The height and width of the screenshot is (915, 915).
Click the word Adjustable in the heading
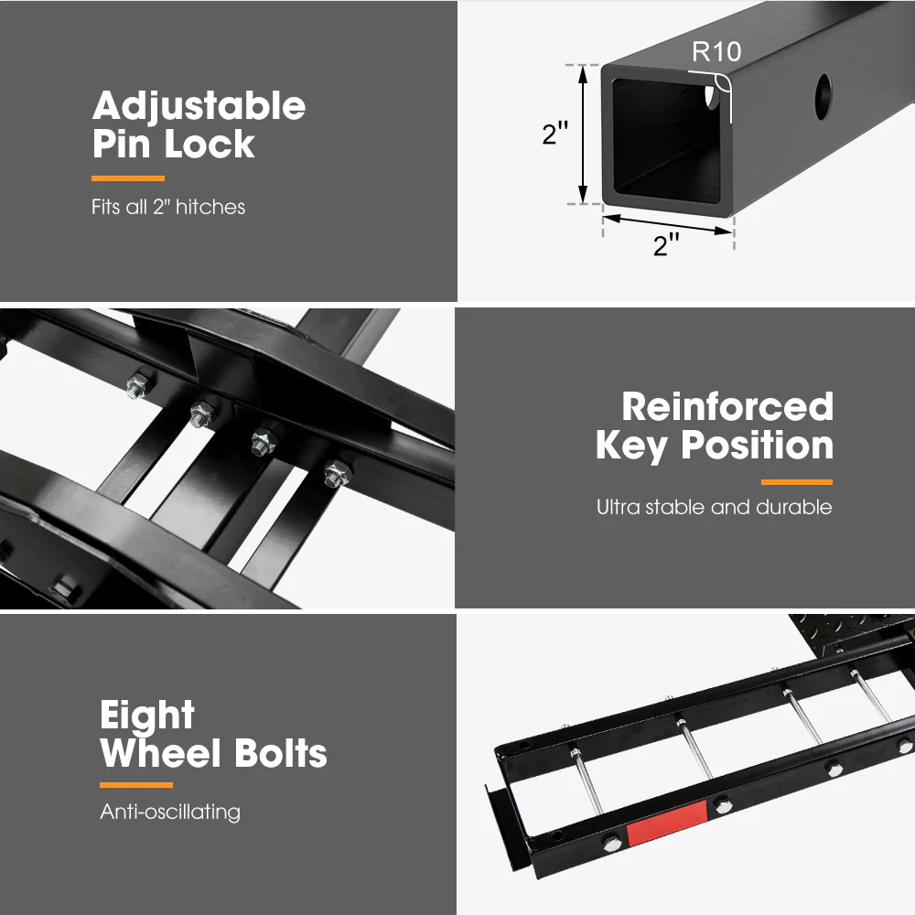199,107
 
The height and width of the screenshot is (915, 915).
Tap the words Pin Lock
173,145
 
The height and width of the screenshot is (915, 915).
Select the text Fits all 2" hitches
168,207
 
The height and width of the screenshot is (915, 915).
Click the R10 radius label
716,51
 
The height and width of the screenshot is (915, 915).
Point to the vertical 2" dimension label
554,134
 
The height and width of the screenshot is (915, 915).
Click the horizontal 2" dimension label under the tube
666,244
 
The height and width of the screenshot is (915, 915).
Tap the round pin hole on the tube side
823,91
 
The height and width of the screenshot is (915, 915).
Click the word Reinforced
727,407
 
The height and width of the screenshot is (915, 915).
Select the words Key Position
714,446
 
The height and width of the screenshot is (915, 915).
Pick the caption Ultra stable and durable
714,507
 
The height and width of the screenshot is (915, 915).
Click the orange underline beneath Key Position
796,481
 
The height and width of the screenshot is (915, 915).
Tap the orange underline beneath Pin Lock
128,178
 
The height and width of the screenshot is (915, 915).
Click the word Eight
147,715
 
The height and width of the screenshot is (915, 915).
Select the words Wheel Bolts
213,754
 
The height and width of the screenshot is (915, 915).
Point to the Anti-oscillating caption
170,812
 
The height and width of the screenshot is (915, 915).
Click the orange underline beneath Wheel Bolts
135,785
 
